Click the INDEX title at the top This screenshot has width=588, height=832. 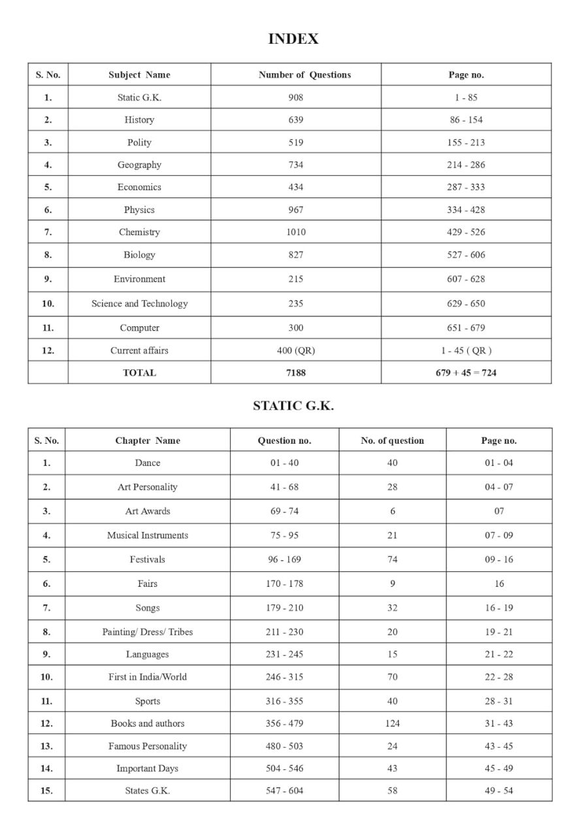click(293, 39)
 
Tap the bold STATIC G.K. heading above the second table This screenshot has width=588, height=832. click(293, 406)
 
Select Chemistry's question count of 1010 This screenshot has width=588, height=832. click(295, 232)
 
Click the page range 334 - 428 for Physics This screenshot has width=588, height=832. click(466, 210)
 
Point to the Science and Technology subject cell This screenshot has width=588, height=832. click(139, 303)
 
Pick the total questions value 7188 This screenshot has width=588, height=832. click(295, 373)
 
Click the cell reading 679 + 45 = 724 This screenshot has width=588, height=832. click(466, 373)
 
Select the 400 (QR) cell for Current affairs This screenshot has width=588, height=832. click(295, 350)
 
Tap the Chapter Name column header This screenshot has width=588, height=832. click(148, 441)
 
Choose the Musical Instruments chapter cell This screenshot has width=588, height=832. click(148, 535)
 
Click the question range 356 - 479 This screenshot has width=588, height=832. click(284, 724)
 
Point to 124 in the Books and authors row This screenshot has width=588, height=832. click(392, 724)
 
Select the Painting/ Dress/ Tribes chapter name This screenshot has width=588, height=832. click(148, 632)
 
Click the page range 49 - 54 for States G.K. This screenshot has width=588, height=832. click(498, 791)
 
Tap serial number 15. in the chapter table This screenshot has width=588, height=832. click(46, 791)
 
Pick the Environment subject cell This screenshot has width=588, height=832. click(139, 279)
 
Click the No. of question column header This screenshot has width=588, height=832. click(392, 441)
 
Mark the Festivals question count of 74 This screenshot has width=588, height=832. click(392, 559)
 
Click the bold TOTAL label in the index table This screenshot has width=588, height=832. click(139, 373)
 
